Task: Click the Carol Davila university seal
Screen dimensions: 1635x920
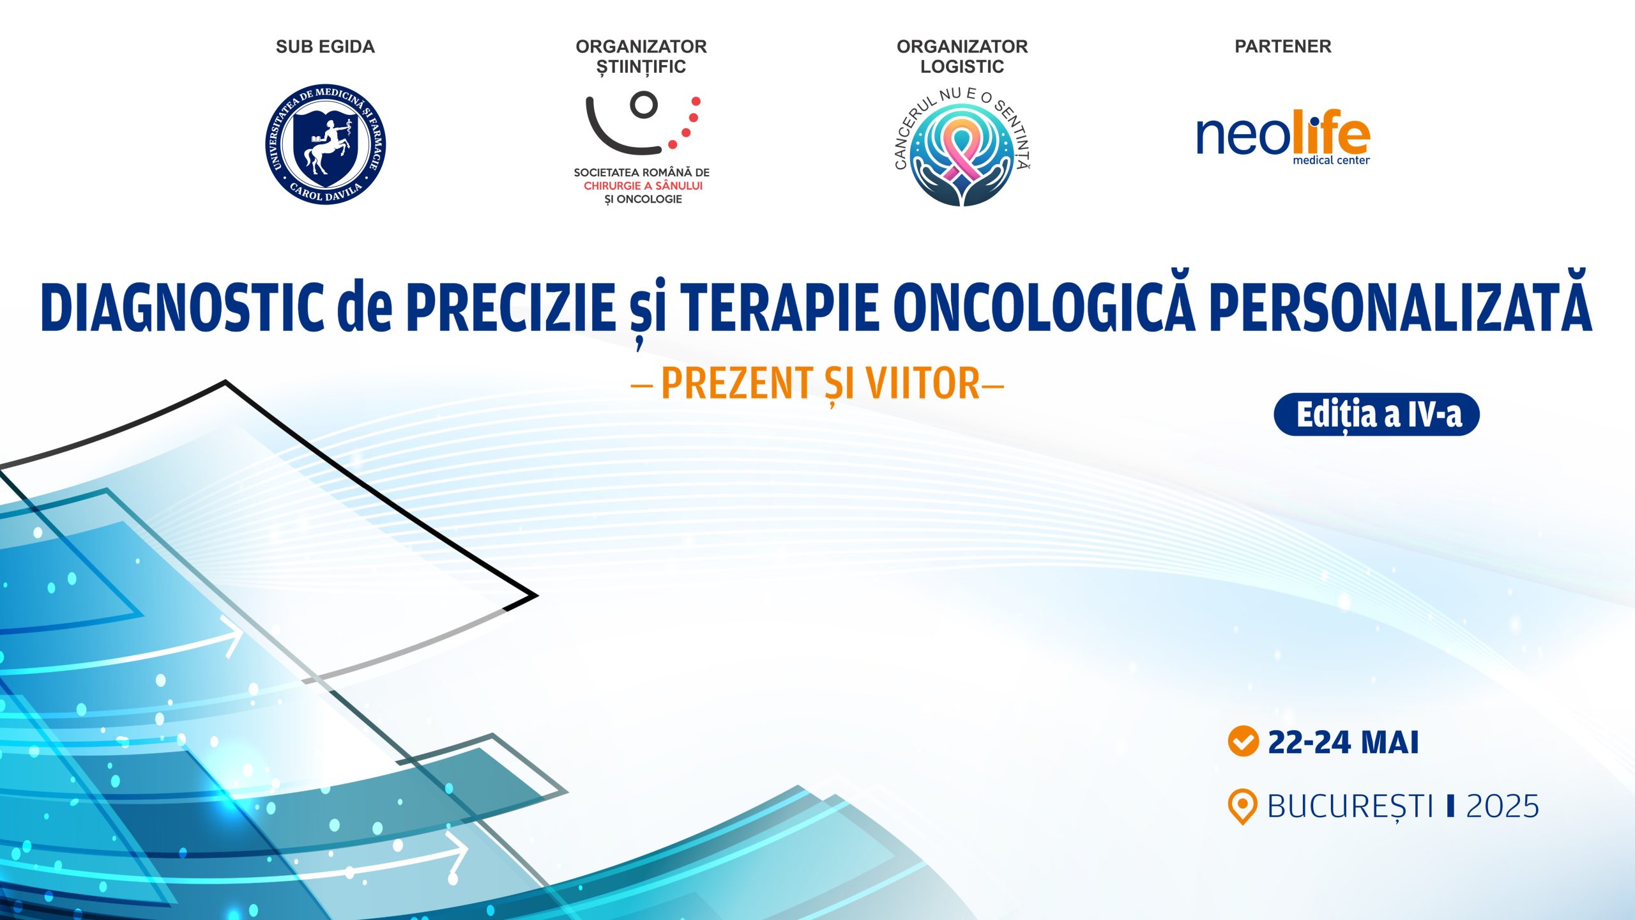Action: point(326,144)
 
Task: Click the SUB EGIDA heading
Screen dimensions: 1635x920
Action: point(325,47)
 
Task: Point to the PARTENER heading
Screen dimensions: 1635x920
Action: point(1283,47)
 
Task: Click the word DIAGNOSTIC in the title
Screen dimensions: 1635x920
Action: point(182,307)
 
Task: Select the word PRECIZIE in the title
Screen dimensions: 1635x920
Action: point(511,307)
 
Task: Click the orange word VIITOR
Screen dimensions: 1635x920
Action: point(923,383)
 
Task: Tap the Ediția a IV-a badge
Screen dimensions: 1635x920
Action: point(1377,415)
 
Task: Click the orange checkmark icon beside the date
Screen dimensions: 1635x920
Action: point(1243,741)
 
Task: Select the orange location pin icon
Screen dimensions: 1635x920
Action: point(1242,806)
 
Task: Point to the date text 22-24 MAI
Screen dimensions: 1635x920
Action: point(1343,742)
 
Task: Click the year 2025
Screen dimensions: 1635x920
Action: point(1503,806)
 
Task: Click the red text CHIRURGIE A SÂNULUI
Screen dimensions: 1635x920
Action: point(643,186)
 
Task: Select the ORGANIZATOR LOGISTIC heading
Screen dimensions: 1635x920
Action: point(962,56)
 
